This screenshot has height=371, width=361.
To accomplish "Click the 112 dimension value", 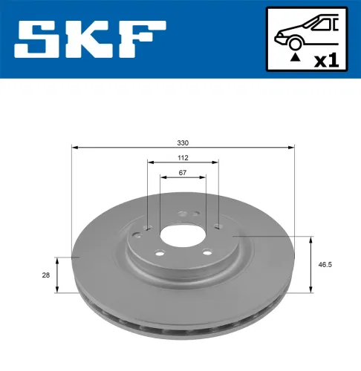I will [183, 157].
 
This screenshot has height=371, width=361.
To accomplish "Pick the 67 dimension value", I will [183, 172].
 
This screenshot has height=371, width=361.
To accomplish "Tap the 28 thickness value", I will [46, 275].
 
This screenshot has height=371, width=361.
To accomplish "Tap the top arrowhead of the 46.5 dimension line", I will [310, 239].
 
